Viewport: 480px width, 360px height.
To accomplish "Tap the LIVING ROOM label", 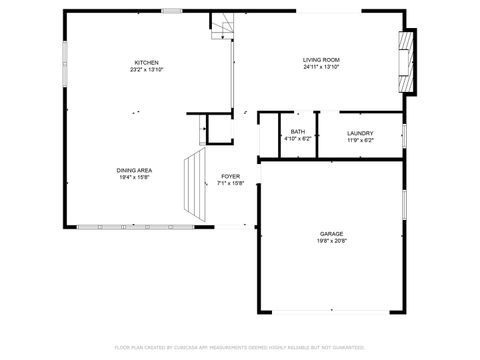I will coord(321,61).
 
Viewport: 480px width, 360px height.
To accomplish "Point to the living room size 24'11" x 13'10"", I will coord(321,69).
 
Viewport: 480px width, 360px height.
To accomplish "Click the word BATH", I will coord(297,132).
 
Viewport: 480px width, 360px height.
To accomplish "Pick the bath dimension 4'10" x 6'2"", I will coord(297,139).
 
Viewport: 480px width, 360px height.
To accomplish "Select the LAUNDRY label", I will coord(360,133).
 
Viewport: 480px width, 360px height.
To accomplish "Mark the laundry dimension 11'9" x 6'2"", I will coord(360,140).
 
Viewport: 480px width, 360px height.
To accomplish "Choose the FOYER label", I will coord(230,177).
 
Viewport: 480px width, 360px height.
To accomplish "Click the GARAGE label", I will coord(331,233).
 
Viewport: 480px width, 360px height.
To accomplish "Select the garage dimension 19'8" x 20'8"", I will coord(331,241).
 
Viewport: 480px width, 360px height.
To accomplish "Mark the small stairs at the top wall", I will coord(220,26).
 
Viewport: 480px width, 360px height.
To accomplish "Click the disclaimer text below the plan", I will coord(240,347).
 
